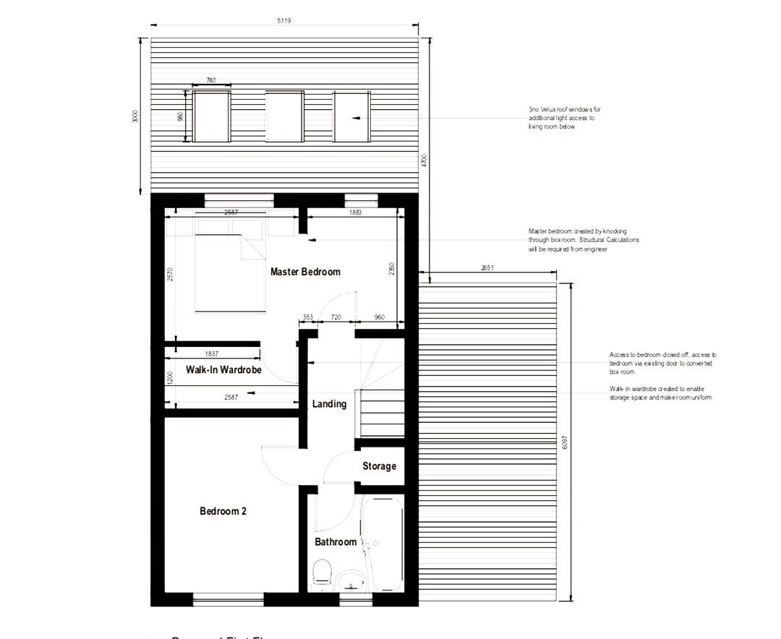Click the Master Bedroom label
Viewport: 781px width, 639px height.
(x=305, y=272)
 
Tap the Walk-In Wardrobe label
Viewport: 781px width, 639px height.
(x=223, y=369)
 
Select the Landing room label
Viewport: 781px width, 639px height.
(x=329, y=404)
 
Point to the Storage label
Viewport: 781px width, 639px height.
(x=379, y=466)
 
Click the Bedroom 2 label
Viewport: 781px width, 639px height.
(x=223, y=511)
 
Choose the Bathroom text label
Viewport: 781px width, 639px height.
(x=336, y=541)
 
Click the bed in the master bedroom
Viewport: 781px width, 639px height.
(x=217, y=271)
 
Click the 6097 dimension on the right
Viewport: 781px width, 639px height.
(x=564, y=441)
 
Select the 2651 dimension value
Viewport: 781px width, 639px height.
(x=487, y=268)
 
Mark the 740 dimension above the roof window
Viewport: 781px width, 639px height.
(x=210, y=80)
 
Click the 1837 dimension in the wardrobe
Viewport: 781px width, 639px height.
(x=212, y=353)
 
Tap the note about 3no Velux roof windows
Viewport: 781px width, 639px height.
(x=564, y=118)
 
